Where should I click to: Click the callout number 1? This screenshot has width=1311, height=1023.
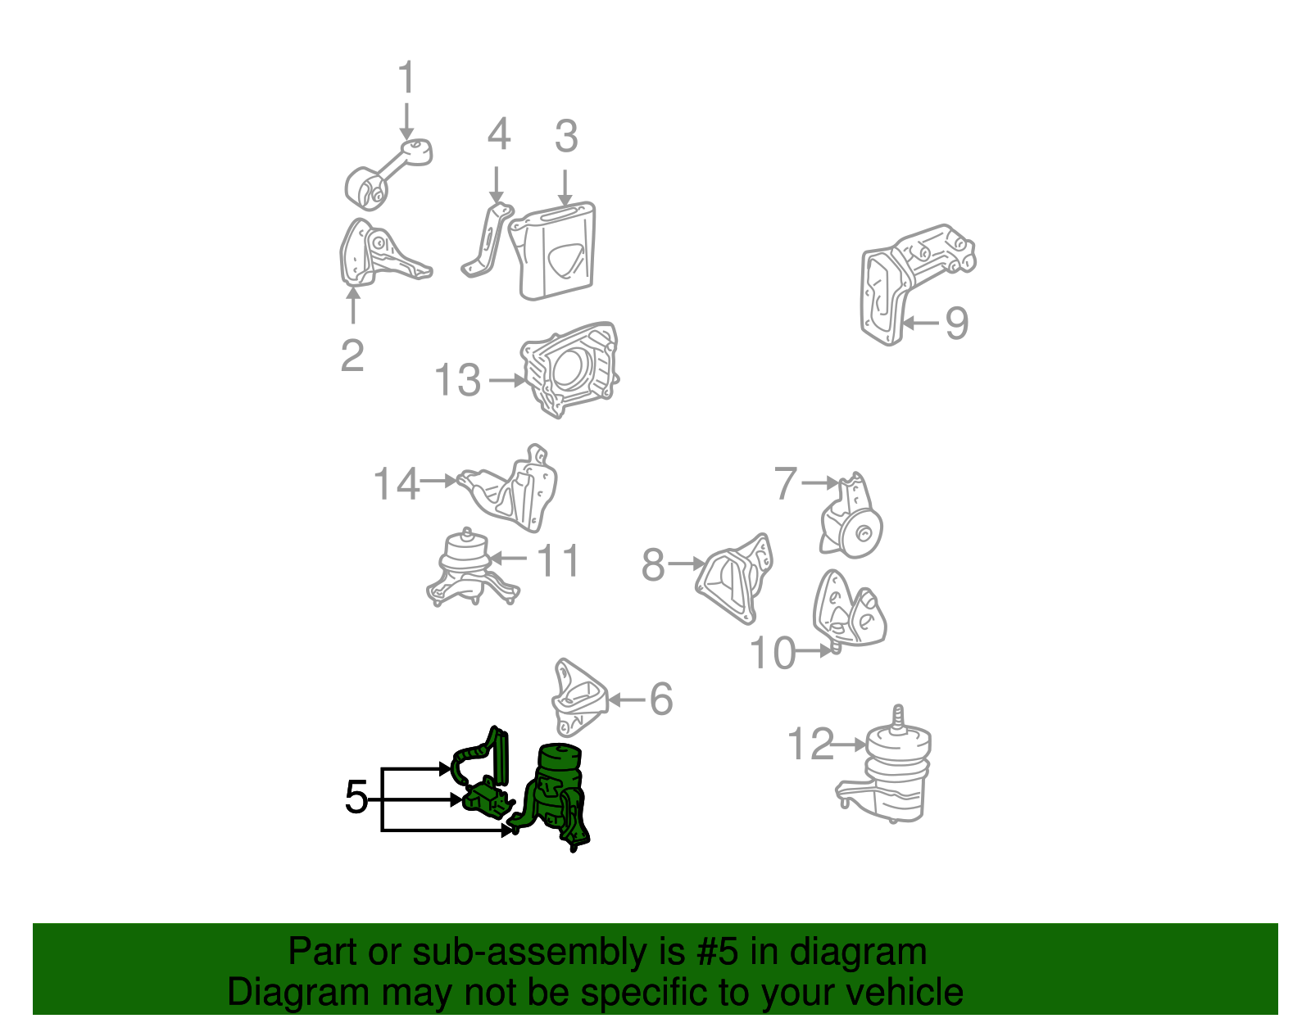[x=407, y=76]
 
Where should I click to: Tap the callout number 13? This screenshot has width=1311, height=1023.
[x=458, y=380]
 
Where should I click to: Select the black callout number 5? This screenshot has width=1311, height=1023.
[x=356, y=796]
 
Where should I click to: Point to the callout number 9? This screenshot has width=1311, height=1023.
[x=956, y=323]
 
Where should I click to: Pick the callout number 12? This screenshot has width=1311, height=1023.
[x=811, y=744]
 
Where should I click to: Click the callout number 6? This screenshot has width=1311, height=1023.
[x=661, y=699]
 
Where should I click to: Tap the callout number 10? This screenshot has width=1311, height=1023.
[x=773, y=653]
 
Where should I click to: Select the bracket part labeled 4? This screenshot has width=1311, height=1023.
[x=486, y=241]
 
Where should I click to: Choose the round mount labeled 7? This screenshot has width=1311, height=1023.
[x=852, y=516]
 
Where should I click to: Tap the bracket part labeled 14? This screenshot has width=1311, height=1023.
[x=510, y=490]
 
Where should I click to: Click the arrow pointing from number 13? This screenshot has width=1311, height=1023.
[x=506, y=380]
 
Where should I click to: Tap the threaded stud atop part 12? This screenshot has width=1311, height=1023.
[x=898, y=718]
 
